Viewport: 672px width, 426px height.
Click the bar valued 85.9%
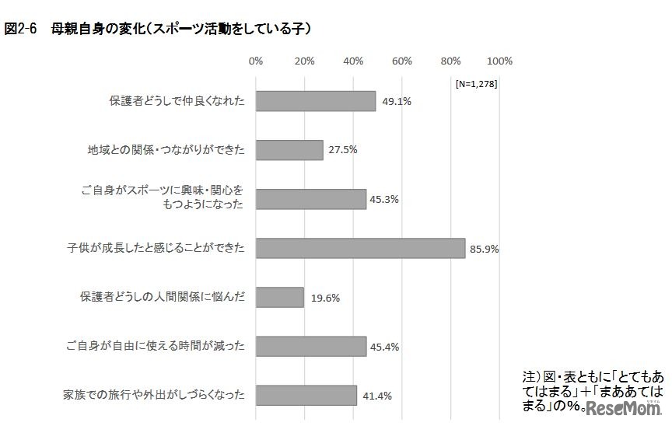(x=360, y=248)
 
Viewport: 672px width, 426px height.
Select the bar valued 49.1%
(x=316, y=101)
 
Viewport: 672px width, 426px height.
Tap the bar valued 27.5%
(x=289, y=150)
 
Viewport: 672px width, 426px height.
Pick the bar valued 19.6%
(x=279, y=297)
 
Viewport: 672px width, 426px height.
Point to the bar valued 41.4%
(x=306, y=395)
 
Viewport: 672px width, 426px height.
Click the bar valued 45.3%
(x=311, y=199)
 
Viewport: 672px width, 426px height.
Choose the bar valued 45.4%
(x=311, y=346)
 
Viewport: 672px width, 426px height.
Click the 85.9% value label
(x=484, y=249)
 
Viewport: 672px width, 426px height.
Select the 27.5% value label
(x=342, y=151)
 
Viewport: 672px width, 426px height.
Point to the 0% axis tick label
(x=256, y=61)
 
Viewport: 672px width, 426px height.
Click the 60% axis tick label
(x=402, y=61)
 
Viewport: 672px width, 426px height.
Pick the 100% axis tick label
(x=499, y=61)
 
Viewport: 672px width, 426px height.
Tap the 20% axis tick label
(x=304, y=61)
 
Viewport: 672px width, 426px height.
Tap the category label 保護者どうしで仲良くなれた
(x=177, y=101)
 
